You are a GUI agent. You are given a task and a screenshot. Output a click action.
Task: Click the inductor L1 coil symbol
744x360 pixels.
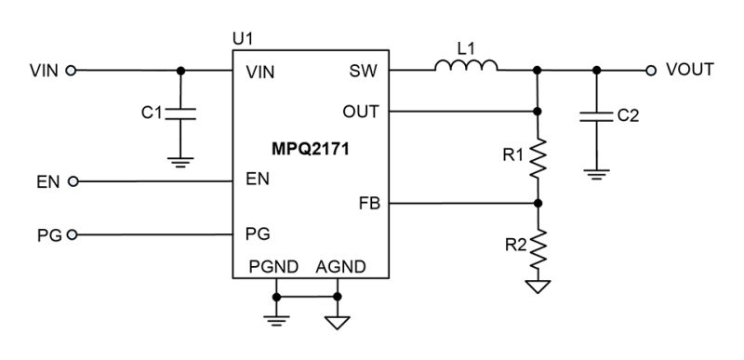(466, 65)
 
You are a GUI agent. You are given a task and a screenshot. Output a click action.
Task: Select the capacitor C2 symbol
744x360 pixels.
(596, 116)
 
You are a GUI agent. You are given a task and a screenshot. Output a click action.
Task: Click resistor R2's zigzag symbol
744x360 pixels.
(538, 246)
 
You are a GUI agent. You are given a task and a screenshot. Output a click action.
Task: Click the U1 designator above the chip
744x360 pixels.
(243, 39)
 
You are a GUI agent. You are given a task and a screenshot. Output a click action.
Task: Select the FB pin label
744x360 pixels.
(369, 202)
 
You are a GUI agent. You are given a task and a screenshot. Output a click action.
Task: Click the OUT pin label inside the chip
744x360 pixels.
(361, 112)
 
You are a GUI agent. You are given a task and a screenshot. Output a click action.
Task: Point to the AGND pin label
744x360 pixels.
(339, 267)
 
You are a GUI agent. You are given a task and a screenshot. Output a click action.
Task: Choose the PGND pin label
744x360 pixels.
(273, 267)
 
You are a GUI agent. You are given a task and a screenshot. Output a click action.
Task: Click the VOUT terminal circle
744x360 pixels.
(651, 70)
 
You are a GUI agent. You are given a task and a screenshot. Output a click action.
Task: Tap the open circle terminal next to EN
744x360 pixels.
(73, 180)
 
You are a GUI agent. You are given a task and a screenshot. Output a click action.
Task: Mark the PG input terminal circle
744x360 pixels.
(73, 234)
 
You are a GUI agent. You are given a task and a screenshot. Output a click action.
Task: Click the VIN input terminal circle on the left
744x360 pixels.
(73, 70)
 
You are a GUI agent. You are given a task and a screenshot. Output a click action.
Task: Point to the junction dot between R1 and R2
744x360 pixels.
(538, 202)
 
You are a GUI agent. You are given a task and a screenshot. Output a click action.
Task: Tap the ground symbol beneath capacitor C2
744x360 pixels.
(596, 173)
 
